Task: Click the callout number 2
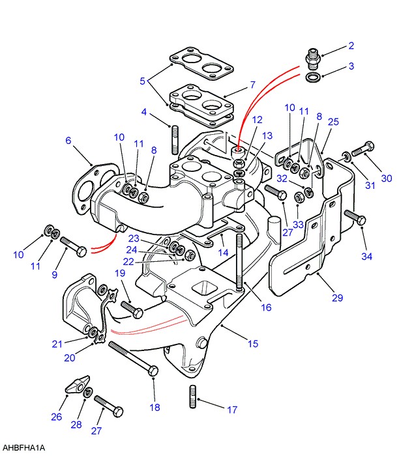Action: click(x=351, y=46)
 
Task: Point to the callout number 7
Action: click(x=252, y=85)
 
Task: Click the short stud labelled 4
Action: click(x=175, y=139)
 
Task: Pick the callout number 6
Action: click(x=68, y=140)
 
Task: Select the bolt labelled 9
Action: click(x=73, y=246)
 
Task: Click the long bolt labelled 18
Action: click(x=133, y=359)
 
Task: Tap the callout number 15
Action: click(x=253, y=344)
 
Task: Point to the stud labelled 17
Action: click(x=193, y=397)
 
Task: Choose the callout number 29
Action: click(x=337, y=298)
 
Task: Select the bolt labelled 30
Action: click(x=362, y=149)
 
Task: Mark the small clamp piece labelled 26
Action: click(x=77, y=385)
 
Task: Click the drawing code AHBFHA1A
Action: click(x=23, y=447)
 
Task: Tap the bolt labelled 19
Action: click(x=132, y=309)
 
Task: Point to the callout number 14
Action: click(x=223, y=253)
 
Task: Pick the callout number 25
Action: click(x=333, y=122)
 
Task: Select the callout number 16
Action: click(x=266, y=307)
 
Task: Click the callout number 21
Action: click(x=57, y=345)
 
